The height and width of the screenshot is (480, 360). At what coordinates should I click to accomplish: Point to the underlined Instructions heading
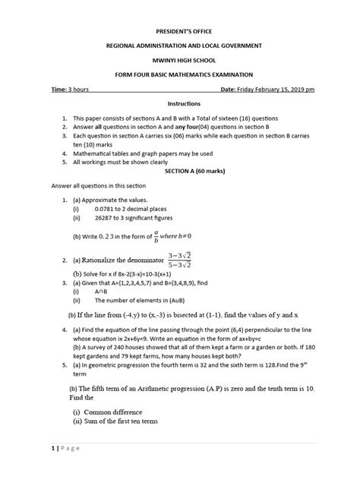[x=179, y=103]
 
